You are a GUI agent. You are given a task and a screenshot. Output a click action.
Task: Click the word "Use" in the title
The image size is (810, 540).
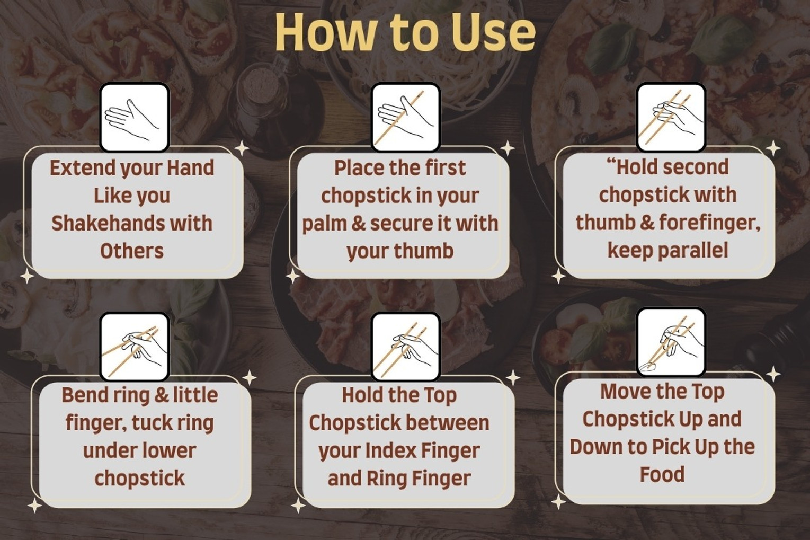[492, 32]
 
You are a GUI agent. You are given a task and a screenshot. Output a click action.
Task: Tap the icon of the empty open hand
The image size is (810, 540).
[135, 117]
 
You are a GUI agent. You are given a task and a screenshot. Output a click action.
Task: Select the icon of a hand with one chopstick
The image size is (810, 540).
[406, 117]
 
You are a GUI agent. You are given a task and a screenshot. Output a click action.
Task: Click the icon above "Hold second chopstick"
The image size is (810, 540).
[671, 117]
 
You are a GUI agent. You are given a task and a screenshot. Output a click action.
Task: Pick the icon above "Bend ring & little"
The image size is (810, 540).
[135, 347]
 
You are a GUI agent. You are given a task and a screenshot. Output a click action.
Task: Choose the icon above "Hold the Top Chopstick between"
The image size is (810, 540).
[406, 347]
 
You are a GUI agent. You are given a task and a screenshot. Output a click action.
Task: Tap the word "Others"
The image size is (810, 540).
[132, 251]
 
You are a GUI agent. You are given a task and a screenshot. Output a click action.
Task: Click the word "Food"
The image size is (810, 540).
[662, 474]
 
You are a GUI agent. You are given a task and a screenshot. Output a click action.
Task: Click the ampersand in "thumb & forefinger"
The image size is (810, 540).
[647, 223]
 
